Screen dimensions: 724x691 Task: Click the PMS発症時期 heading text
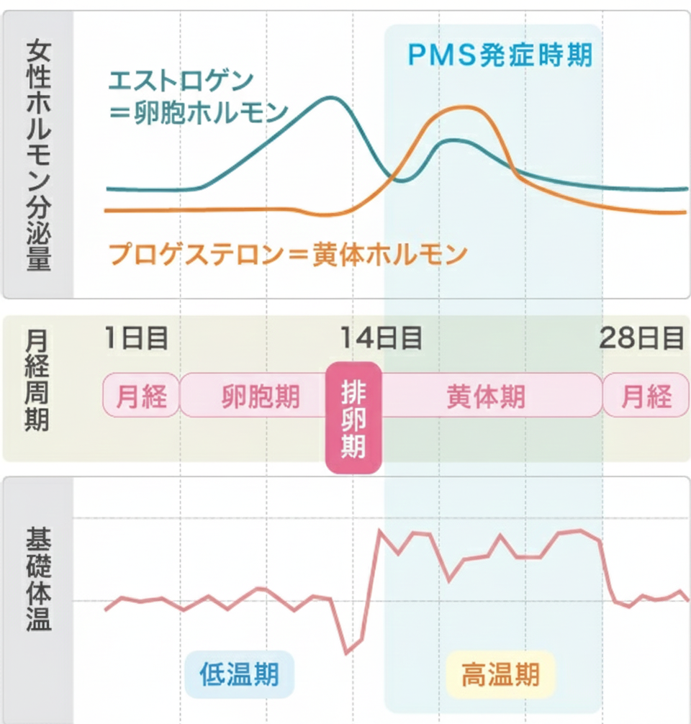coord(500,55)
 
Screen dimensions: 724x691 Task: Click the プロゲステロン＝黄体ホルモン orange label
coord(287,254)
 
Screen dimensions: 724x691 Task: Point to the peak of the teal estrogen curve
coord(330,97)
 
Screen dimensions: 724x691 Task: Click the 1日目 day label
coord(136,338)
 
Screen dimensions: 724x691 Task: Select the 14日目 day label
coord(381,338)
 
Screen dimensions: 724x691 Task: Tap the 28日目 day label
coord(641,338)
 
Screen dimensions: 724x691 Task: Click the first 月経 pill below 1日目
coord(141,395)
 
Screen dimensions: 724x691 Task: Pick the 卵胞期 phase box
coord(261,395)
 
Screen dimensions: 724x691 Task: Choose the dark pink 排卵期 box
coord(353,417)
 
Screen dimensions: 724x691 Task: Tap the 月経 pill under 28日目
coord(646,395)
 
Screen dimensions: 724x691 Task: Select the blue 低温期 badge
coord(240,674)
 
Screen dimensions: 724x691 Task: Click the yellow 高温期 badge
coord(500,674)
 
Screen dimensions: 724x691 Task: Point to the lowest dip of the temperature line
coord(346,653)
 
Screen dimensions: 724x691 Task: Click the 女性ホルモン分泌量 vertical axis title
coord(38,155)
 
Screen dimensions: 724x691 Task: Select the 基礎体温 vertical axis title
coord(38,580)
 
